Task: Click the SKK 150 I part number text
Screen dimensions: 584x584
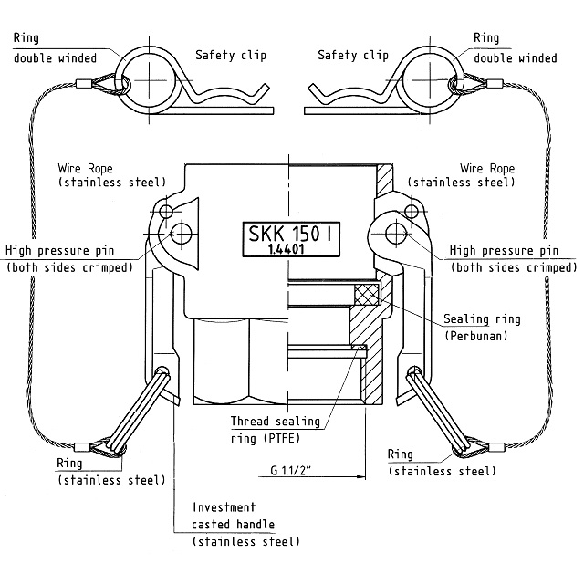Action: pyautogui.click(x=290, y=234)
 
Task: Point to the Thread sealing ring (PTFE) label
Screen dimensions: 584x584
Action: pyautogui.click(x=276, y=430)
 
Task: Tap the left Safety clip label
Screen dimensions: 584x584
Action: pyautogui.click(x=231, y=56)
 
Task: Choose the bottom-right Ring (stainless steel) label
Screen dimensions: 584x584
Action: pyautogui.click(x=442, y=463)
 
